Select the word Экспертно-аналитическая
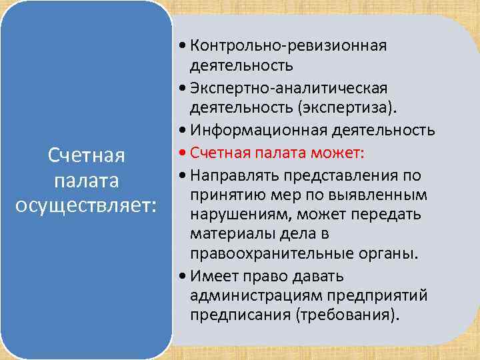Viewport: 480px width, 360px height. pyautogui.click(x=288, y=88)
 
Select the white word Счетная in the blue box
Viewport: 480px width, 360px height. pyautogui.click(x=87, y=155)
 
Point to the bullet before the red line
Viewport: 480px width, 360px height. pyautogui.click(x=183, y=154)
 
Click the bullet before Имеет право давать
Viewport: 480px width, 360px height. pyautogui.click(x=183, y=276)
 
